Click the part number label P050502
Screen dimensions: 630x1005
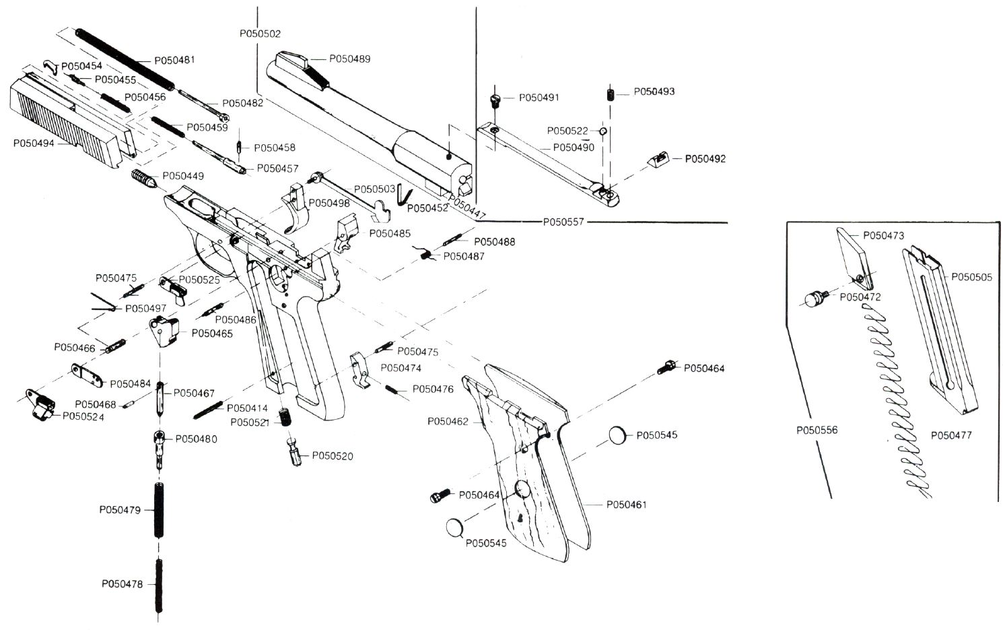[260, 34]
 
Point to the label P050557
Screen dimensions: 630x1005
[563, 222]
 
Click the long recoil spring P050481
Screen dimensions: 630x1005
[125, 59]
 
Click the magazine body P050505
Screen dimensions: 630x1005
[941, 330]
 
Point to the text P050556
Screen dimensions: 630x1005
[817, 430]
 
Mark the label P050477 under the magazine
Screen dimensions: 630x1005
[951, 435]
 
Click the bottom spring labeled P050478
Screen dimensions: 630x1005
[160, 585]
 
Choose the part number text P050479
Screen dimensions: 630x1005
[120, 510]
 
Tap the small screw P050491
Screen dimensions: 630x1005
[496, 100]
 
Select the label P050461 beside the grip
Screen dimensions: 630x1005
[626, 505]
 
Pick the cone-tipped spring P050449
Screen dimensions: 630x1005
[143, 180]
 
